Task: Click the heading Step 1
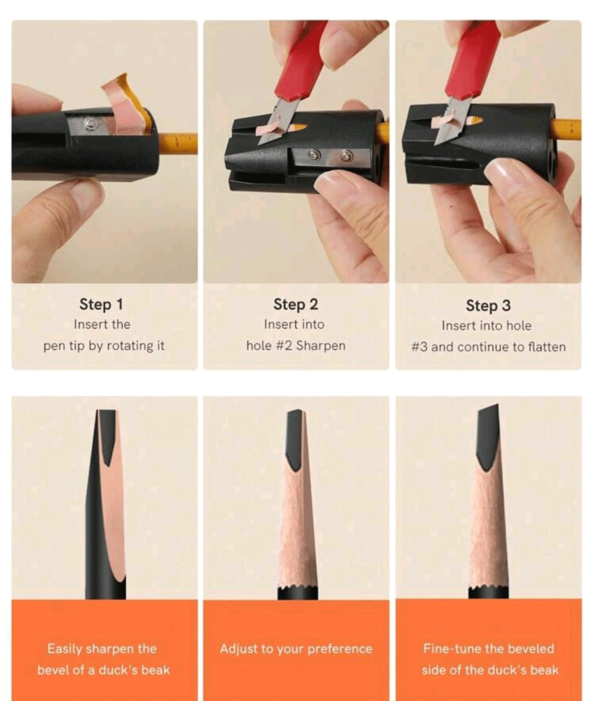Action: [101, 304]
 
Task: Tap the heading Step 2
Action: [295, 304]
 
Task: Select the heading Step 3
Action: [488, 306]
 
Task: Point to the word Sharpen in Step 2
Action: [321, 346]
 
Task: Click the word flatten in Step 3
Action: [547, 347]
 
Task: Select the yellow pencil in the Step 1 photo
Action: [177, 143]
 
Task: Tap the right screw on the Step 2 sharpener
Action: [346, 156]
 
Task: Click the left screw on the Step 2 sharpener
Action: [315, 155]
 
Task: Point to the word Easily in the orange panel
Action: [64, 649]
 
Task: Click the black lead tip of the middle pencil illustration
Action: [296, 438]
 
